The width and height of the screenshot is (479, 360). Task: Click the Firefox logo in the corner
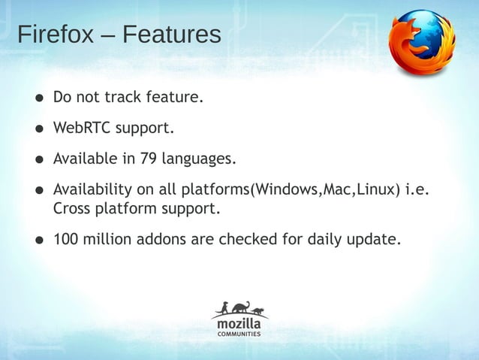pyautogui.click(x=423, y=43)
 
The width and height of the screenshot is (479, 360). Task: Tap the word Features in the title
pyautogui.click(x=172, y=35)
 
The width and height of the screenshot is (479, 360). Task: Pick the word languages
pyautogui.click(x=198, y=159)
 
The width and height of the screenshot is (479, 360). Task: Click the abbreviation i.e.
pyautogui.click(x=416, y=189)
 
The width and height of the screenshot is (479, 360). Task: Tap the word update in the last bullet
pyautogui.click(x=375, y=240)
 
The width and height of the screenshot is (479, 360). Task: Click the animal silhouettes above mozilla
pyautogui.click(x=239, y=308)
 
